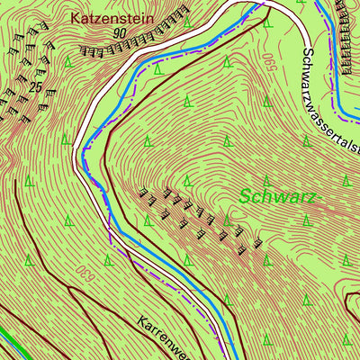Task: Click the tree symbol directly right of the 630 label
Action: click(107, 260)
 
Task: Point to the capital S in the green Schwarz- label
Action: click(246, 196)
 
